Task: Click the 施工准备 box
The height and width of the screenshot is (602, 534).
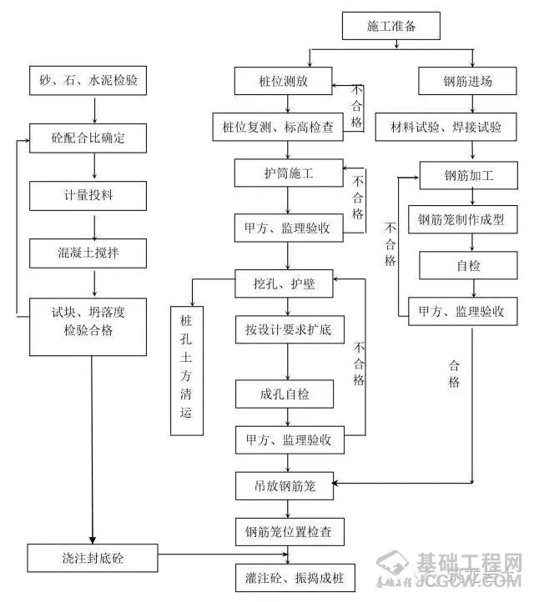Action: click(x=390, y=27)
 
